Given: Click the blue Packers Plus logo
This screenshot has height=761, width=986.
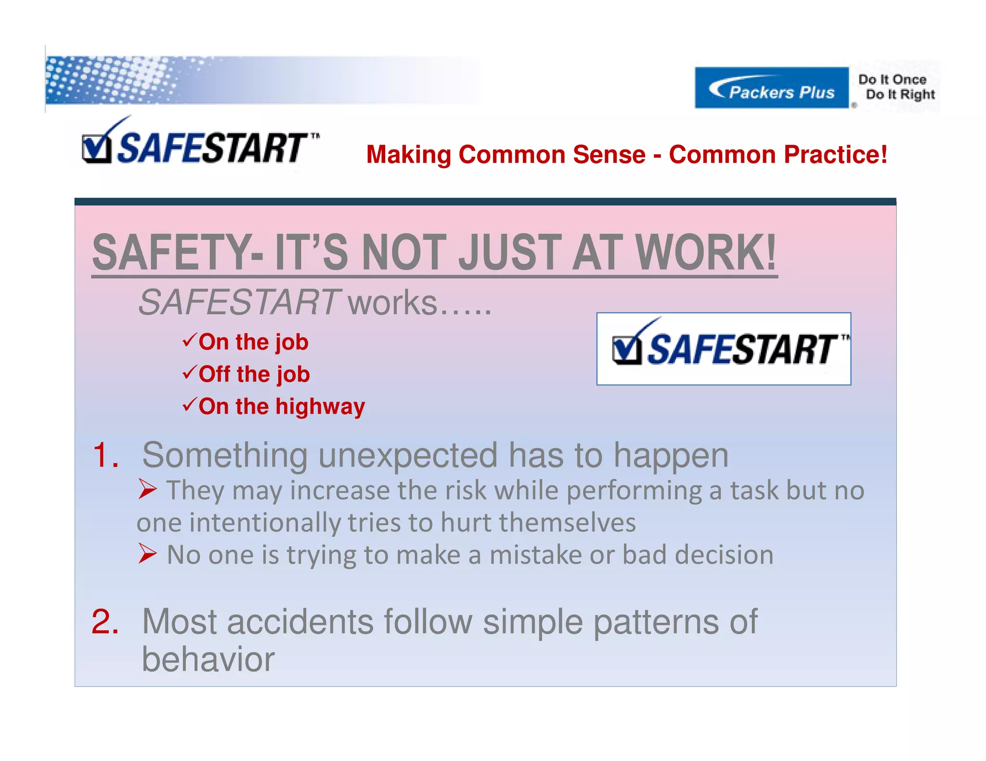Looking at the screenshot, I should pos(771,88).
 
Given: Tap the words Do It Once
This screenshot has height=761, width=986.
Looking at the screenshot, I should pos(892,79).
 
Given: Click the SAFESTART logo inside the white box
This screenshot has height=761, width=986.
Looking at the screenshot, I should pos(724,348).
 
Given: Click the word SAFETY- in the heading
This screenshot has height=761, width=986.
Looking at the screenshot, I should pos(177,253).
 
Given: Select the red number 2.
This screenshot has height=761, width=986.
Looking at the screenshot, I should pos(105,621).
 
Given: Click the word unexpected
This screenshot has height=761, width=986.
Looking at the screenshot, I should pos(408,456).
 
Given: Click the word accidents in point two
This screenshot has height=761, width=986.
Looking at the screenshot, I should pos(299,621).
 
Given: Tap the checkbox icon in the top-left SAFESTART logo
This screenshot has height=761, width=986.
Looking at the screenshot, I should pos(96,149).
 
